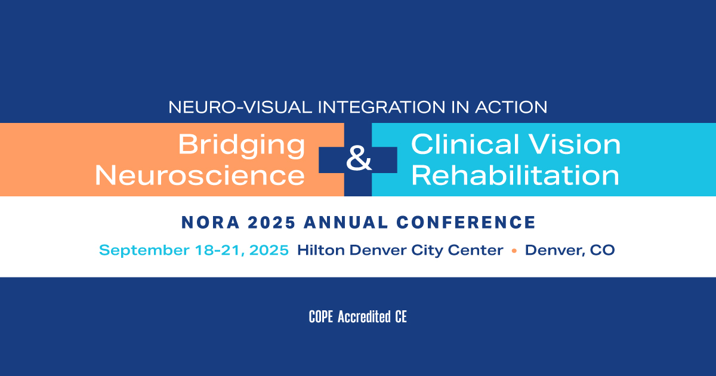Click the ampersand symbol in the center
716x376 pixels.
359,158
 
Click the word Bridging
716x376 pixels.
241,146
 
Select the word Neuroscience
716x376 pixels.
200,175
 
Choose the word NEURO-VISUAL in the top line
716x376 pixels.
240,107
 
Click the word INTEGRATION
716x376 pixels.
381,107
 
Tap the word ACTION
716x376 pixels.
511,107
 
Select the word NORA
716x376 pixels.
211,222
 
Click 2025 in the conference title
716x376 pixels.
271,222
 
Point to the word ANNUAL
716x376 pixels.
346,222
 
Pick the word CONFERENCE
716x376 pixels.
466,222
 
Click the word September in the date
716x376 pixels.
144,250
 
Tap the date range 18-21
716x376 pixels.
220,250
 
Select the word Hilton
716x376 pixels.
321,250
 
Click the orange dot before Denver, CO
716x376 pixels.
514,251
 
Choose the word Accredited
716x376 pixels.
364,317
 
